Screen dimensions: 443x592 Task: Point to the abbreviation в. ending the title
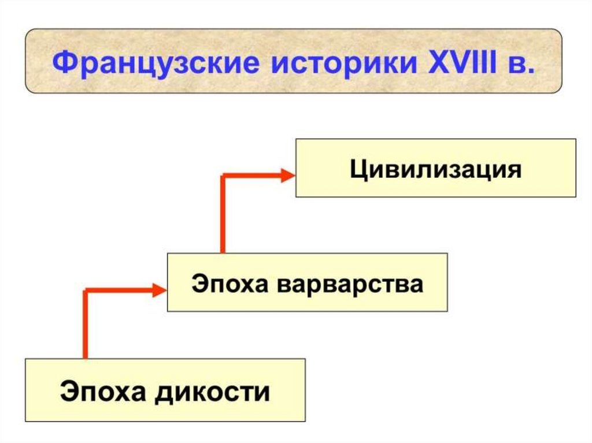click(x=521, y=62)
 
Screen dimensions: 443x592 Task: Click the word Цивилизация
click(x=435, y=170)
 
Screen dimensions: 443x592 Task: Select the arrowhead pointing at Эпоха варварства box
click(x=160, y=290)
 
